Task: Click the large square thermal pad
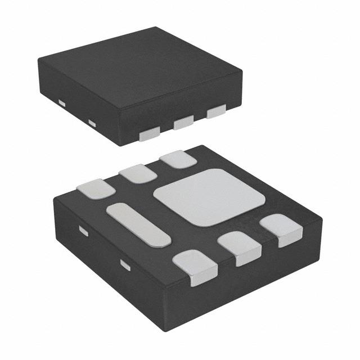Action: pos(209,197)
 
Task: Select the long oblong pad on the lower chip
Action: pos(138,224)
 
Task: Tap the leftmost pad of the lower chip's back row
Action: pos(96,188)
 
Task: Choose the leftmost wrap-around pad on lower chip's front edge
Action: pos(195,267)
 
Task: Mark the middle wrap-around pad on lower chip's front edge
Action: pos(240,247)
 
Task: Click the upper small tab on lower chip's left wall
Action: pos(83,231)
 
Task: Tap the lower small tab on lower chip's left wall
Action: pos(125,264)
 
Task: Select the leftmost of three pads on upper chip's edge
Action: pos(149,133)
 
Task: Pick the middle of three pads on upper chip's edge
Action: pos(183,122)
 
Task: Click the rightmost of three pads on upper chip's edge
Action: pos(216,112)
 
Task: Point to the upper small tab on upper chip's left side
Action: pos(61,102)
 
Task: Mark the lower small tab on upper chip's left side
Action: pos(92,123)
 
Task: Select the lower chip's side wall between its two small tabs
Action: pos(104,253)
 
